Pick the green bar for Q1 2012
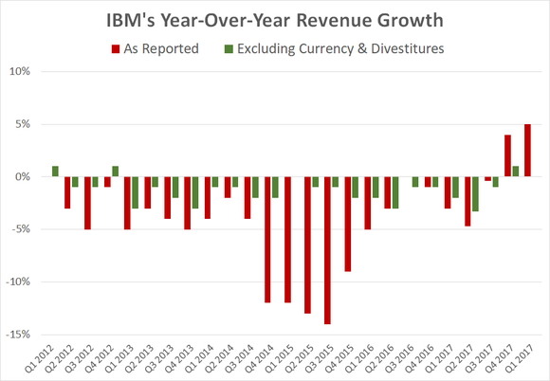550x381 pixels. (x=56, y=172)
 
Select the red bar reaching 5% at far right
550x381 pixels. (x=527, y=151)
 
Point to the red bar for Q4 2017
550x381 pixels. (x=508, y=155)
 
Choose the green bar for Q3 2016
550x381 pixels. (x=414, y=182)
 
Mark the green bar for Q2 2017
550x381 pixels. (x=476, y=193)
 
